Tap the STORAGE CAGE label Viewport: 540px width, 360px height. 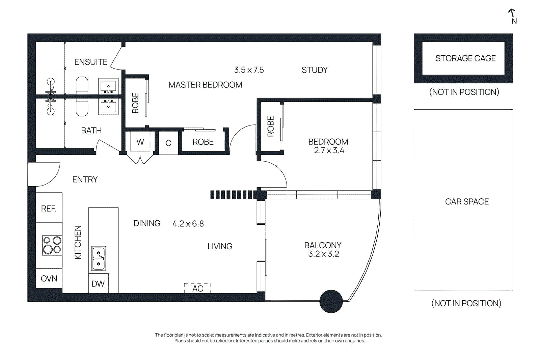pos(465,58)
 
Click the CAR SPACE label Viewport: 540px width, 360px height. pos(467,201)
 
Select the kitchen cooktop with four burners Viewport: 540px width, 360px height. pos(52,245)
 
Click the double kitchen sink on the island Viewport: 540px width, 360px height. pos(99,258)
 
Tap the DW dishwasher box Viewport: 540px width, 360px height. pos(98,283)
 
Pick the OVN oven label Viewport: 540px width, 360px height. pos(49,279)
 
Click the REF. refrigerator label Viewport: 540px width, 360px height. pos(49,209)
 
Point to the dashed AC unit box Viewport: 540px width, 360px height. pos(197,288)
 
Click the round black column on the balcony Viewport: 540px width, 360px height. pos(331,301)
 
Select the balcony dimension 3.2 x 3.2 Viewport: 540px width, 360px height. pos(324,254)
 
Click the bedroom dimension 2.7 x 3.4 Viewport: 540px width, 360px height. pos(329,150)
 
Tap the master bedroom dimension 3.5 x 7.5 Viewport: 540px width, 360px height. pos(249,70)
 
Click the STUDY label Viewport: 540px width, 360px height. pos(315,70)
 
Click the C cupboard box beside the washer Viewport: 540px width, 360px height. pos(168,143)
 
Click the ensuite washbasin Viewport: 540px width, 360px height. pos(108,86)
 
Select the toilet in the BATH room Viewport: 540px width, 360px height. pos(82,108)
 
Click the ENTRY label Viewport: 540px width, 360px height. pos(85,179)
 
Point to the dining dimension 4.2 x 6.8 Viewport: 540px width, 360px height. pos(188,224)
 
